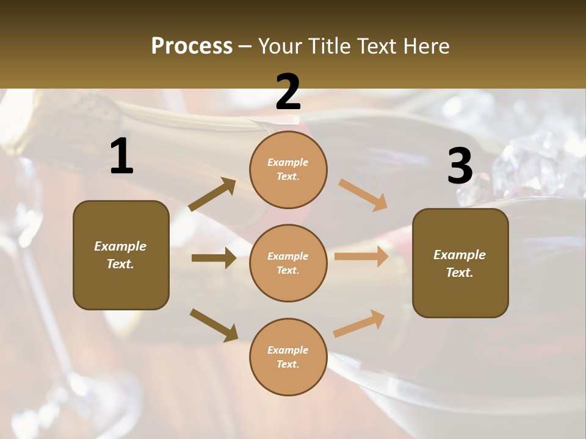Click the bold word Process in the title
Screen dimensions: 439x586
(x=192, y=46)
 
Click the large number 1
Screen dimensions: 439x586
(x=121, y=157)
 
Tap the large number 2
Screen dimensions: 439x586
(x=288, y=92)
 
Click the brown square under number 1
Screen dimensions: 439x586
(x=121, y=255)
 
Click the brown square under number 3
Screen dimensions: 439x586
(x=460, y=263)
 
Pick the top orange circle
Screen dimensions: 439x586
(x=288, y=169)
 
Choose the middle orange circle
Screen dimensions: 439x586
(x=288, y=263)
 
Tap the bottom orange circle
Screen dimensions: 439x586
(x=288, y=357)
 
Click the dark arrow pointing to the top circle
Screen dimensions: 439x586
(x=212, y=195)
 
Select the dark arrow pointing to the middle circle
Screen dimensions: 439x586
(x=214, y=258)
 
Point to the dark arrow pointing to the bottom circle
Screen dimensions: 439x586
(x=214, y=324)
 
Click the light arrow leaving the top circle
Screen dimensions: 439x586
(x=363, y=195)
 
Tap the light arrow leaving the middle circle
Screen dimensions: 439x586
(x=361, y=256)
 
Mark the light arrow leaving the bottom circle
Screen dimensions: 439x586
(x=359, y=323)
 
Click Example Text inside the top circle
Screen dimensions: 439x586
(x=288, y=170)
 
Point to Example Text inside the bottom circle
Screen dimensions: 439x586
(x=288, y=357)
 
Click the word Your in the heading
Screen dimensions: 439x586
(x=280, y=46)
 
